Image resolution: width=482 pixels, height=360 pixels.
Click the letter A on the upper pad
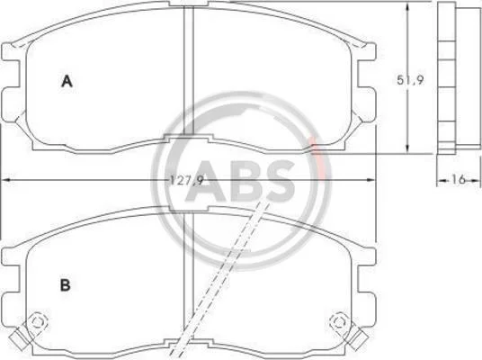pos(67,81)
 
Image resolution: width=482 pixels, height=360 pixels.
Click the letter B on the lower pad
pos(65,285)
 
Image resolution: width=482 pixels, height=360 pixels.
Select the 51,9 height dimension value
pos(410,80)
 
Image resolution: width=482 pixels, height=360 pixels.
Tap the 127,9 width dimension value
pos(187,180)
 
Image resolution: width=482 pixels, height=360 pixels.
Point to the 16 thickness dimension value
pos(459,179)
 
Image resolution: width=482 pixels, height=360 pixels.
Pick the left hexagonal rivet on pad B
pos(37,322)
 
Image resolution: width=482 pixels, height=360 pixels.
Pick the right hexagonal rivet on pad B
pos(339,322)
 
